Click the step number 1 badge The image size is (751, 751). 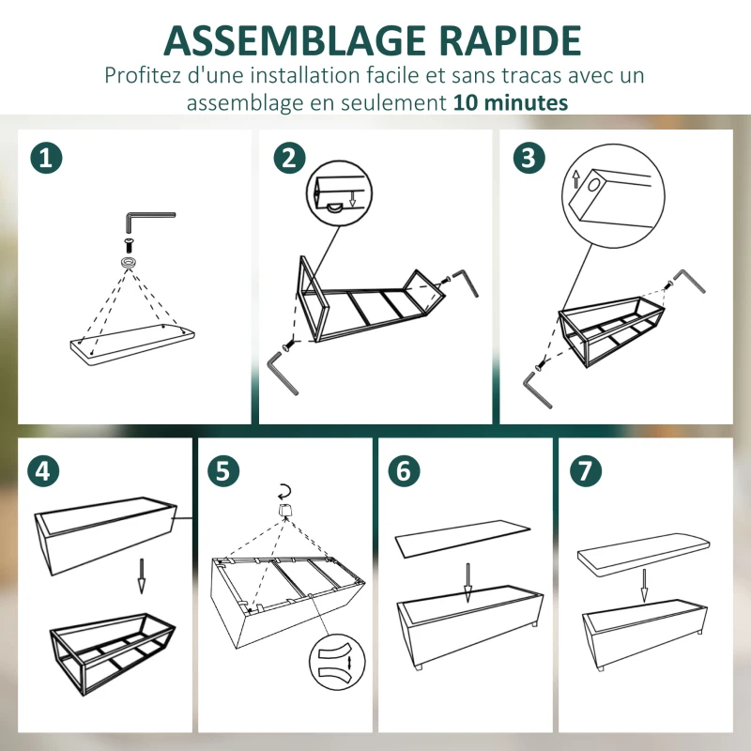[x=46, y=158]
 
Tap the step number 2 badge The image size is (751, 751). [x=289, y=158]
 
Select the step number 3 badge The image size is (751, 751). [x=529, y=158]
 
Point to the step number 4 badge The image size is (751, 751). [x=43, y=471]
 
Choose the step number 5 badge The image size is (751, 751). [x=223, y=471]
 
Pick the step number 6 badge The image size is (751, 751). [x=404, y=471]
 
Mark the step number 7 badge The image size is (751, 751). [x=585, y=471]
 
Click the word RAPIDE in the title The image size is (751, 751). [x=510, y=41]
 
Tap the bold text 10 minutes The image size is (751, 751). [x=511, y=102]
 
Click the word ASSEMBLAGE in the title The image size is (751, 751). [x=295, y=41]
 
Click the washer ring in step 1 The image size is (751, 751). [x=129, y=263]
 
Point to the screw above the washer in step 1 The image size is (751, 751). [x=129, y=246]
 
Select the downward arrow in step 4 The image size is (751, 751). [x=142, y=575]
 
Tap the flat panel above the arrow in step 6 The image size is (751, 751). [x=463, y=538]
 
